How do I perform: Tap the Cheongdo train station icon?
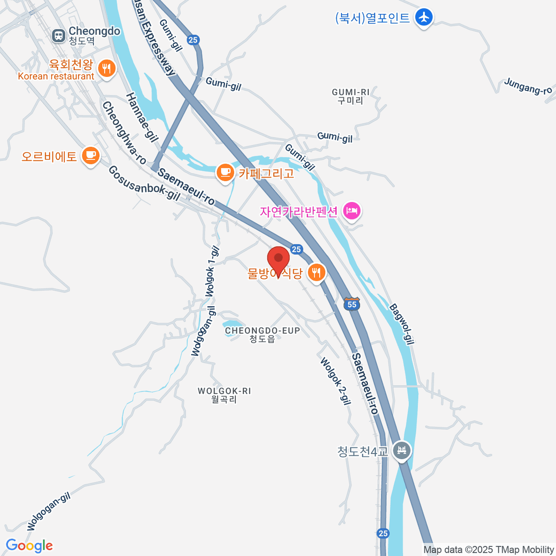[59, 36]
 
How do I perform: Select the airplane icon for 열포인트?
[423, 18]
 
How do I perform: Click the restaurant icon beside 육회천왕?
[107, 69]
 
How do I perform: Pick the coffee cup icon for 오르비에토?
[91, 155]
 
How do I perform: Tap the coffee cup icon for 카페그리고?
[225, 173]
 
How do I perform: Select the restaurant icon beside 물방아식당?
[316, 272]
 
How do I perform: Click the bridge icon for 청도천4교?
[401, 450]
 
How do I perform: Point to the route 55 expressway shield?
[352, 304]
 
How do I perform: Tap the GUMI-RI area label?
[351, 96]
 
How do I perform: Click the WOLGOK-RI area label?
[224, 395]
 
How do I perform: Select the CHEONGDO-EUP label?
[262, 334]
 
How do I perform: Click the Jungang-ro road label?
[528, 86]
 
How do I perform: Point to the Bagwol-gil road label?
[401, 324]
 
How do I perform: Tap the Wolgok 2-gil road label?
[335, 381]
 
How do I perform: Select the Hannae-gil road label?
[142, 116]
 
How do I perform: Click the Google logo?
[29, 546]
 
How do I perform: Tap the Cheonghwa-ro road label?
[124, 133]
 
